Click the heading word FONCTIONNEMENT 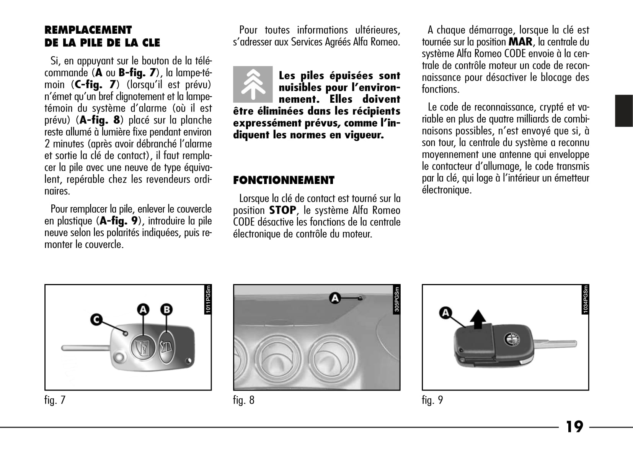click(x=284, y=180)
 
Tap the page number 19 click(x=574, y=427)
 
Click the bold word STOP click(x=282, y=210)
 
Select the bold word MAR click(x=520, y=41)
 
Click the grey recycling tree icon click(x=253, y=84)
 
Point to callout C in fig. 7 click(x=96, y=319)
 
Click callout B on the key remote click(x=166, y=309)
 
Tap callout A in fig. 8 click(x=335, y=298)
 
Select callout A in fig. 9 click(x=445, y=313)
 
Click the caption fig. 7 click(x=55, y=400)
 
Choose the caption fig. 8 click(x=244, y=400)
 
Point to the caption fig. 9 click(x=432, y=400)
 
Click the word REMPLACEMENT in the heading click(x=88, y=30)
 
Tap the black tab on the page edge click(x=623, y=111)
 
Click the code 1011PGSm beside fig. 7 click(x=208, y=300)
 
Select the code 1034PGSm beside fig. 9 click(x=586, y=300)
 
